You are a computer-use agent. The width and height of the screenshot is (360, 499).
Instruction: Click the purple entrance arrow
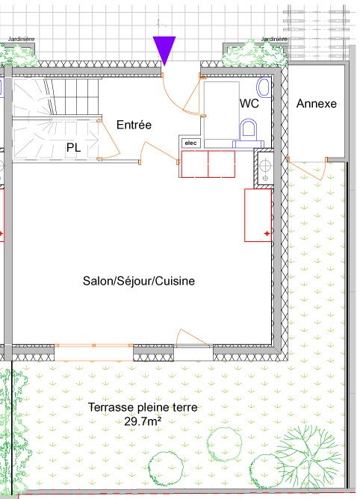tap(164, 50)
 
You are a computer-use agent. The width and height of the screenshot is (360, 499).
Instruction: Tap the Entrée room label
tap(134, 125)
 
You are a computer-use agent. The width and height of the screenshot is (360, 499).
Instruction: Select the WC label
tap(249, 103)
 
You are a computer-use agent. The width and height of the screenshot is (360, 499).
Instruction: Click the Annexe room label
tap(317, 103)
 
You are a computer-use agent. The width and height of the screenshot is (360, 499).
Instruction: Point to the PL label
tap(73, 148)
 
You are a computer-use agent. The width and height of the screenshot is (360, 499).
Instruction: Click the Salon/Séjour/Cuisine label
tap(139, 281)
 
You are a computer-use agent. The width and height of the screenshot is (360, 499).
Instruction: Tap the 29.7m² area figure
tap(143, 421)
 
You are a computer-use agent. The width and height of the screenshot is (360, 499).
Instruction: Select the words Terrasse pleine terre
tap(143, 407)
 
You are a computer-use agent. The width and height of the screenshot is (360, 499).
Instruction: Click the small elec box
tap(190, 143)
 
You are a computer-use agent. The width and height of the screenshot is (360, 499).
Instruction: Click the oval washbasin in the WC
tap(264, 87)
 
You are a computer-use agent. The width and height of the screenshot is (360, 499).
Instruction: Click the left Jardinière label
tap(21, 39)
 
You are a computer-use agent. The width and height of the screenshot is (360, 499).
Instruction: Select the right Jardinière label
tap(274, 39)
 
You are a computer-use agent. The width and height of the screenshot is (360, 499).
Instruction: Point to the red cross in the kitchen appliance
tap(267, 234)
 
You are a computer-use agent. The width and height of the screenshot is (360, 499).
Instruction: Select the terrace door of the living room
tap(193, 338)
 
